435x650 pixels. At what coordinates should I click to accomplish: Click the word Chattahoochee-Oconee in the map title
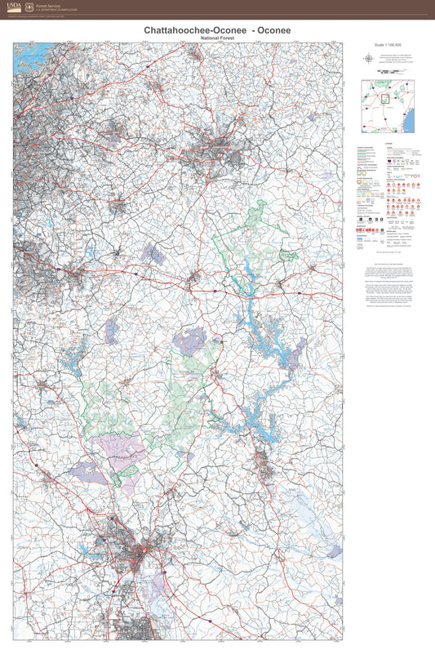tap(184, 30)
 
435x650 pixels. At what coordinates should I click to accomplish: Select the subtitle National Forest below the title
tap(217, 38)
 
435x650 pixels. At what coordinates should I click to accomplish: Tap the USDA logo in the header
tap(15, 7)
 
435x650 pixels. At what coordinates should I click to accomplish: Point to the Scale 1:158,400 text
tap(388, 43)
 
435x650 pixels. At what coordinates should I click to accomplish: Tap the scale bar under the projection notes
tap(388, 72)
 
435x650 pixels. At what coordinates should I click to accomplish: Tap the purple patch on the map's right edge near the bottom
tap(335, 552)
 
